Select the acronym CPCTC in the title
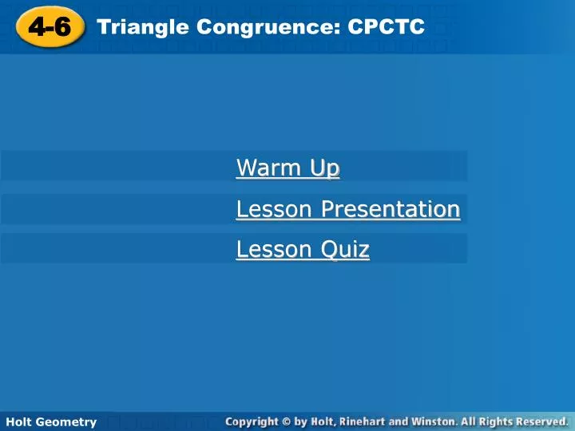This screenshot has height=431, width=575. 386,28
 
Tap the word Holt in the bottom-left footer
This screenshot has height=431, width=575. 19,421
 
